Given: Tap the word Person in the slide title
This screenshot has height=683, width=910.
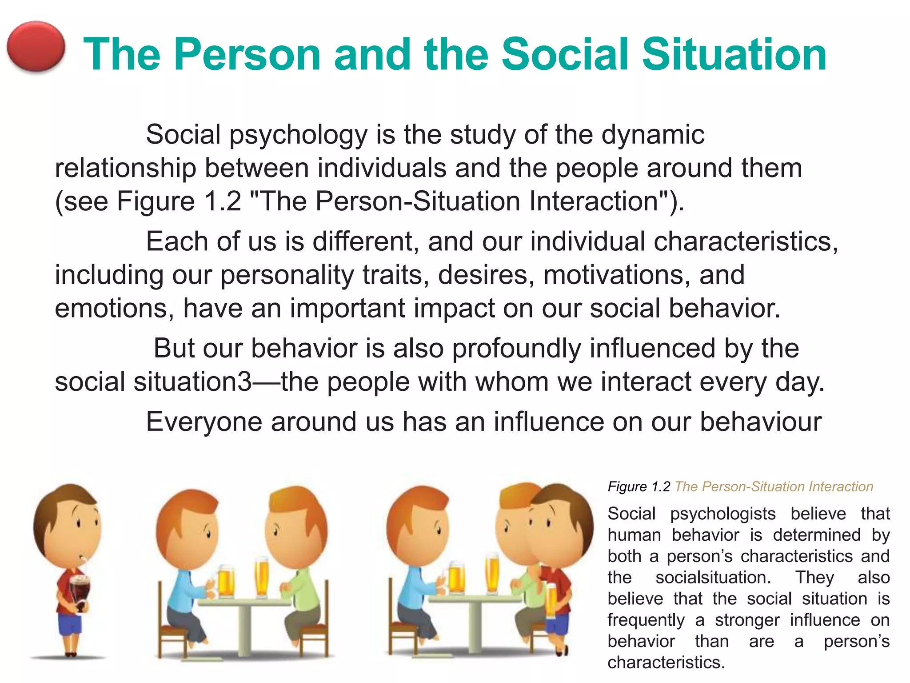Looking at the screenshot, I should pyautogui.click(x=247, y=55).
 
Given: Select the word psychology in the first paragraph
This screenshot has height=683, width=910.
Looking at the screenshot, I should pyautogui.click(x=298, y=135).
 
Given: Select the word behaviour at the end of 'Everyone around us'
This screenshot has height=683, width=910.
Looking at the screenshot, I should pyautogui.click(x=760, y=422).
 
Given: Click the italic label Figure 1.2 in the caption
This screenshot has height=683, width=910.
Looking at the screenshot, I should pyautogui.click(x=639, y=487).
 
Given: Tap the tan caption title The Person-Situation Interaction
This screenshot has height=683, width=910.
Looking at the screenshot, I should pyautogui.click(x=774, y=487).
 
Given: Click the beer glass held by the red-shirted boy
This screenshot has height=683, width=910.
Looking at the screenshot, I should pyautogui.click(x=551, y=600).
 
